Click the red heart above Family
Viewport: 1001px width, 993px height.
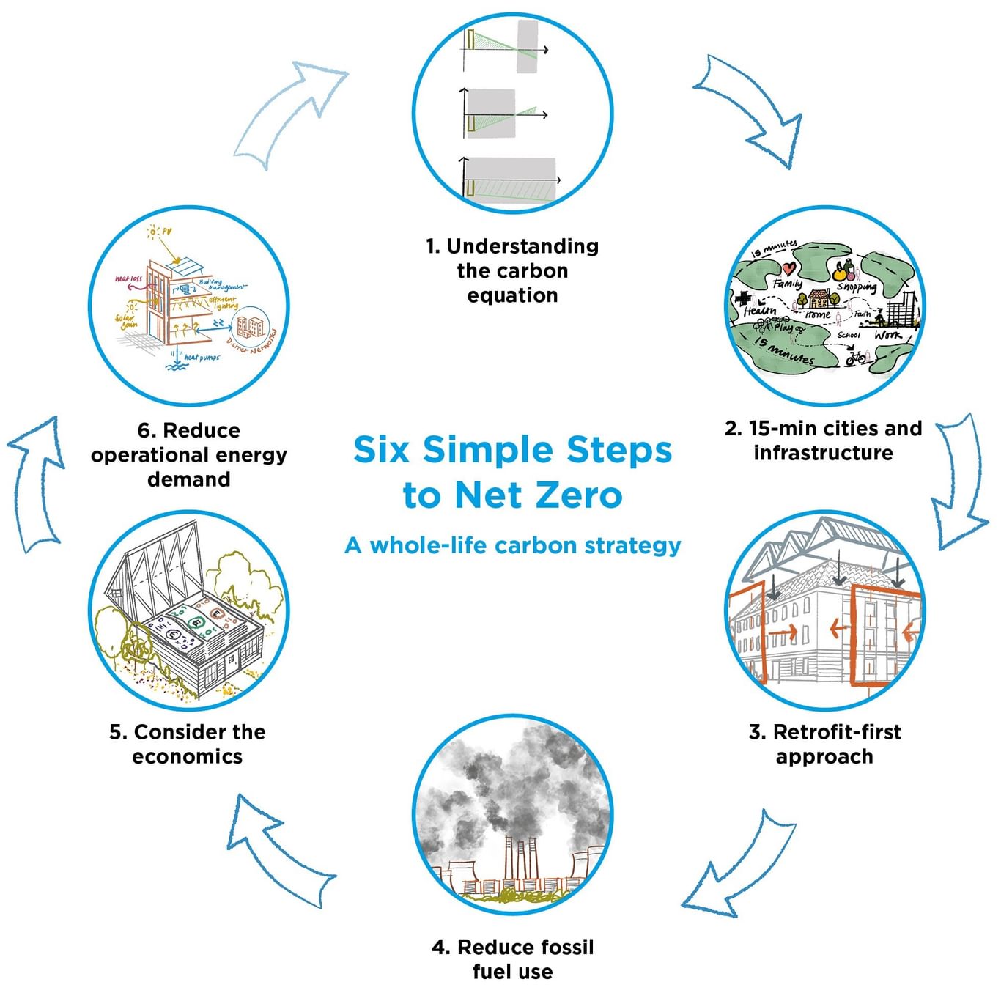788,268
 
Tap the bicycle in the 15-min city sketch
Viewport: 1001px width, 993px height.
855,358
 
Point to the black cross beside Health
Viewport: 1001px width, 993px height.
743,299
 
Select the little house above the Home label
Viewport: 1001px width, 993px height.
819,298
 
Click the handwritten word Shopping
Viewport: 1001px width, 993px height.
857,287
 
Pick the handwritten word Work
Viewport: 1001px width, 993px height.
887,335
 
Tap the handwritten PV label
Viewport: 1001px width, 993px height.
166,232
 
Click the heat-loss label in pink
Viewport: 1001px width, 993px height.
129,279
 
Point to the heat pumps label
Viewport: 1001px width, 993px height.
202,358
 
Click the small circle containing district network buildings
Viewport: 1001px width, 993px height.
249,327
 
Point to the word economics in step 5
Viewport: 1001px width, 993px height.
187,756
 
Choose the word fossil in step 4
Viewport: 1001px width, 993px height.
564,947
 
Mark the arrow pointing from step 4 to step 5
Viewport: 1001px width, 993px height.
278,850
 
